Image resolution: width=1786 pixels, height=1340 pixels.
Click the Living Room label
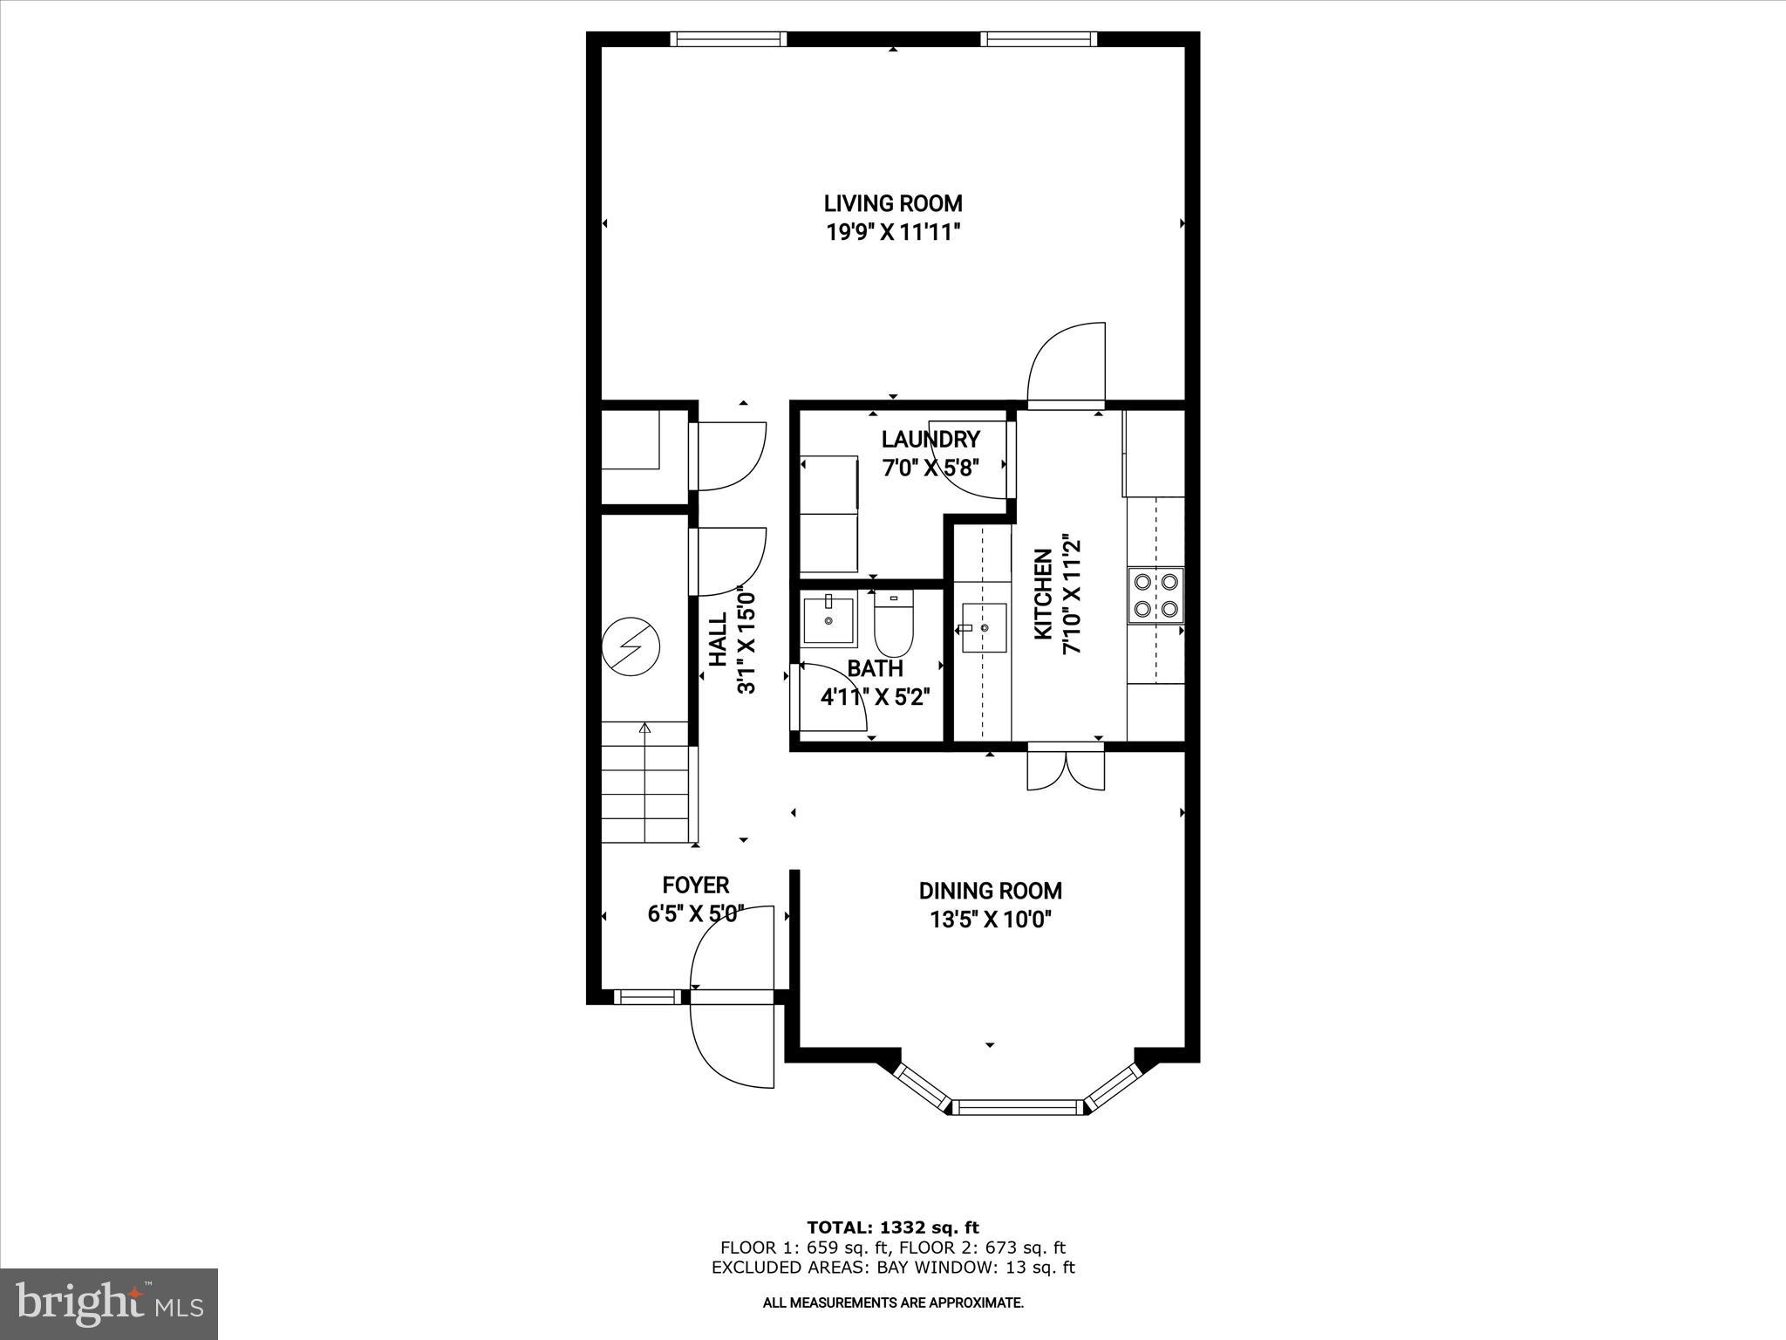coord(893,203)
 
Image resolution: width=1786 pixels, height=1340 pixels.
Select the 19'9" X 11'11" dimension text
coord(893,232)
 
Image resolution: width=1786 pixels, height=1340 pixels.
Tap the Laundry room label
coord(930,439)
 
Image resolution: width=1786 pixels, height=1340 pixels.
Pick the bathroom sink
coord(828,619)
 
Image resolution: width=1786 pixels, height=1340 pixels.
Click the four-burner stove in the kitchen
coord(1155,595)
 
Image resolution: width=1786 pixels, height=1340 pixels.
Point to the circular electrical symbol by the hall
coord(631,646)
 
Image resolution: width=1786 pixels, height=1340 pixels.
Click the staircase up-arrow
coord(644,729)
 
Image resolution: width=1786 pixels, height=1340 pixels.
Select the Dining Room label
coord(990,891)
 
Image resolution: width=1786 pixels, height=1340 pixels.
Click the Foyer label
coord(695,885)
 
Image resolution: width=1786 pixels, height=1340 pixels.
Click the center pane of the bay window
coord(1018,1108)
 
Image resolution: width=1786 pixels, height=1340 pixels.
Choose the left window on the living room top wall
coord(728,38)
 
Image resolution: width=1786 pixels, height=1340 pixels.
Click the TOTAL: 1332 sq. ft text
coord(892,1227)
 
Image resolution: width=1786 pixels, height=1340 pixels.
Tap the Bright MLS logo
coord(109,1303)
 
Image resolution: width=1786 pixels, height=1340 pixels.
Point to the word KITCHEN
coord(1043,594)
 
